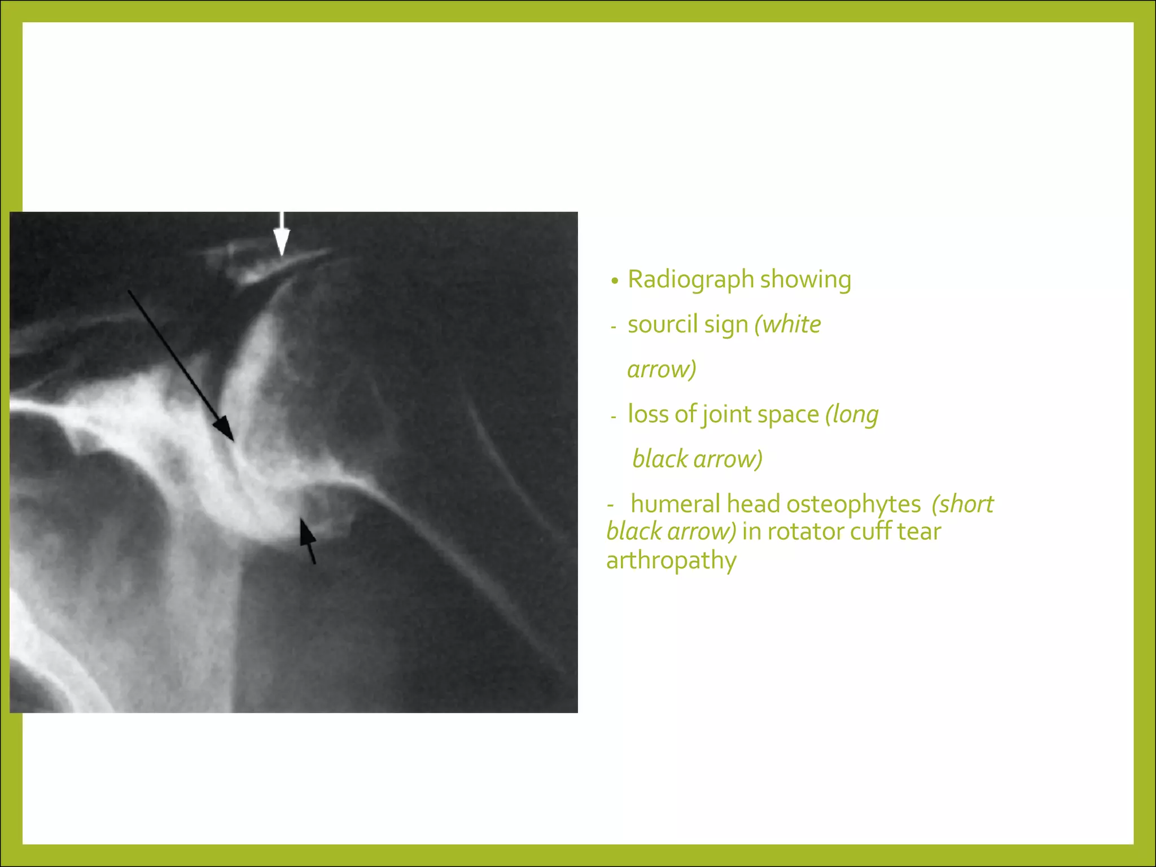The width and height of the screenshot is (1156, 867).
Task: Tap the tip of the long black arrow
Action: coord(232,440)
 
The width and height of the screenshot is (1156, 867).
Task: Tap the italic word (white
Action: coord(787,325)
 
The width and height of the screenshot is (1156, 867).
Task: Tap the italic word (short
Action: coord(962,504)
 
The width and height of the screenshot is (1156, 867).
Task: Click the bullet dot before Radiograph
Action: coord(615,281)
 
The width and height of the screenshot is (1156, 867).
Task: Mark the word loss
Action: coord(648,414)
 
